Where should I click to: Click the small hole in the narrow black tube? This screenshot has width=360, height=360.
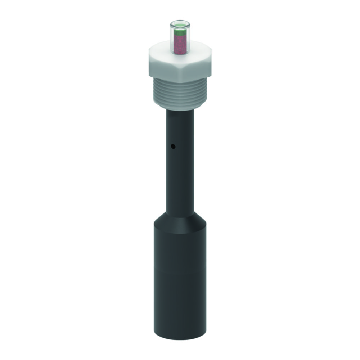pos(173,147)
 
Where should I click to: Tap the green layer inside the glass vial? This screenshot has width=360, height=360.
pos(180,33)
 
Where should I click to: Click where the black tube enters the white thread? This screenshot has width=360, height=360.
pos(180,110)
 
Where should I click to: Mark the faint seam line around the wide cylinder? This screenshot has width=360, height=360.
pos(180,268)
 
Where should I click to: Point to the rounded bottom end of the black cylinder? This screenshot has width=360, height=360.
pos(180,337)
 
